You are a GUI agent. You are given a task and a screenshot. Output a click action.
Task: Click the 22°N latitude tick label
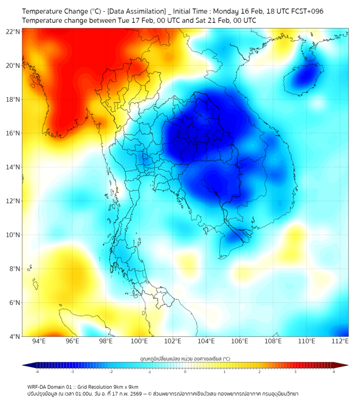coord(13,32)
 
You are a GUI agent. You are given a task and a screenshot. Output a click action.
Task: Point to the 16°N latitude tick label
coord(13,133)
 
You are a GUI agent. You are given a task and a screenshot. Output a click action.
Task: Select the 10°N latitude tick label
coord(13,235)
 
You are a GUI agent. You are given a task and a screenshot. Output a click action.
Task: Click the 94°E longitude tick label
coord(39,341)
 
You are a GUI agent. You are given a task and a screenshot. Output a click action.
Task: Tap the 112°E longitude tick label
coord(340,341)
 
